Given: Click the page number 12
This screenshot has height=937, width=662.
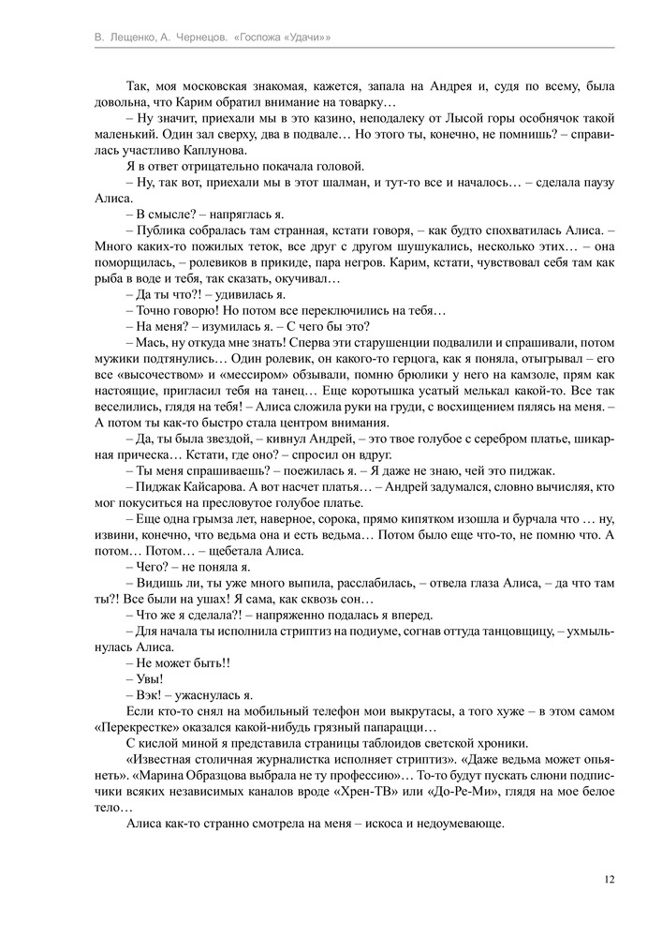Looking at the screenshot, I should pyautogui.click(x=610, y=879).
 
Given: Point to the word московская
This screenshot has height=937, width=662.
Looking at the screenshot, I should pyautogui.click(x=207, y=85).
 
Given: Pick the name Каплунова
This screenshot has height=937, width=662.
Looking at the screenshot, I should pyautogui.click(x=191, y=150).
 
